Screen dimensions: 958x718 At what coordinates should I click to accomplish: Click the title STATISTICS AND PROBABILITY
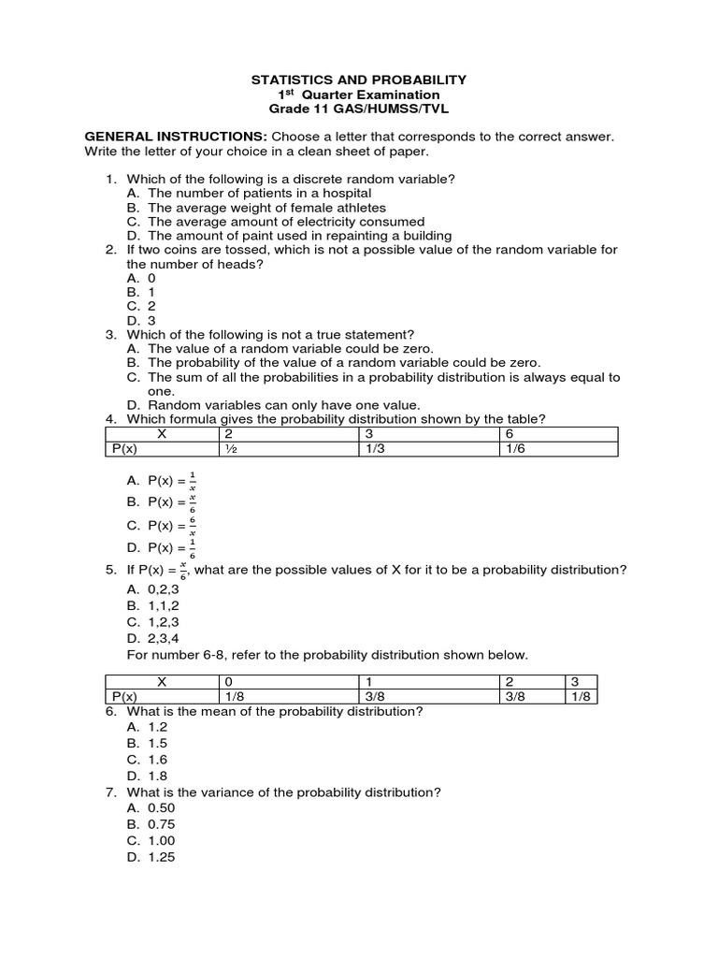click(359, 80)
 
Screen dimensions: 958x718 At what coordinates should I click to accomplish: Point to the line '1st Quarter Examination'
click(359, 95)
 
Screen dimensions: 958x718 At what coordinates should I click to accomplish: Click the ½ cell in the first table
click(228, 449)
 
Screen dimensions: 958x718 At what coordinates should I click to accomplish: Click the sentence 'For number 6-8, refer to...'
click(327, 654)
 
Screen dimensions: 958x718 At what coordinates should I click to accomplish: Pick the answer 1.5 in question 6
click(150, 744)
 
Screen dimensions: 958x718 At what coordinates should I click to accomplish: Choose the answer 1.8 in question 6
click(150, 776)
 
